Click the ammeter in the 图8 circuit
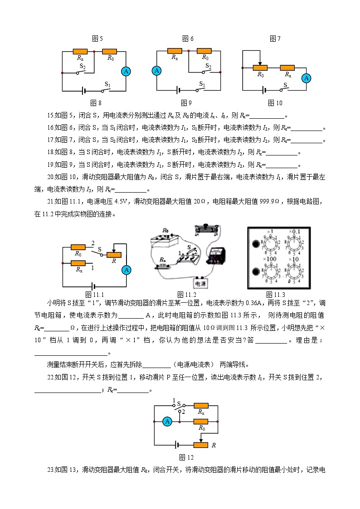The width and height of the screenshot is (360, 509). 126,71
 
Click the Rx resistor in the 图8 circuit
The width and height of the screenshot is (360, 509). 80,51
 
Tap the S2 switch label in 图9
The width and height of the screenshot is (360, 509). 208,66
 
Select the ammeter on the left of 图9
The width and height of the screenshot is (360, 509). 157,71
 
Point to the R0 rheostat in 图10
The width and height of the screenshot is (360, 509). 260,68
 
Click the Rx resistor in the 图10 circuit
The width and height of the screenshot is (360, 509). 287,68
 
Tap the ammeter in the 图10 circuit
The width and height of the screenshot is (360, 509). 307,78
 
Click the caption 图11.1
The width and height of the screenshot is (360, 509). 95,295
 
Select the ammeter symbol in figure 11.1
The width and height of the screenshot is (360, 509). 126,270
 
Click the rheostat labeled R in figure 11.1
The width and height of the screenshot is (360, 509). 113,255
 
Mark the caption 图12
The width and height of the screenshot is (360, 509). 186,457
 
